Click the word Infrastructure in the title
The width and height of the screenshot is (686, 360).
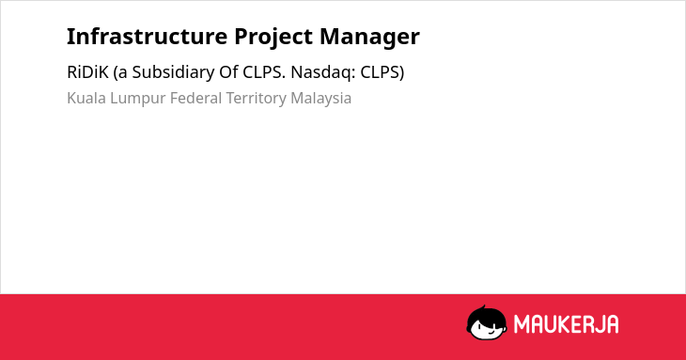coord(147,37)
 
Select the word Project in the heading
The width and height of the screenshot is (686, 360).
coord(273,37)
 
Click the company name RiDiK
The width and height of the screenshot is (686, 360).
coord(87,72)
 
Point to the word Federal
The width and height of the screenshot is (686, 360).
coord(196,98)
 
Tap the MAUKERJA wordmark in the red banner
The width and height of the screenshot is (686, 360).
coord(566,324)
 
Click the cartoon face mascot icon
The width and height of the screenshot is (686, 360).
coord(487,323)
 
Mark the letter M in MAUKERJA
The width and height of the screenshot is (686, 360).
coord(522,324)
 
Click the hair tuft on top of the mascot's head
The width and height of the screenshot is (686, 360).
coord(483,307)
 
